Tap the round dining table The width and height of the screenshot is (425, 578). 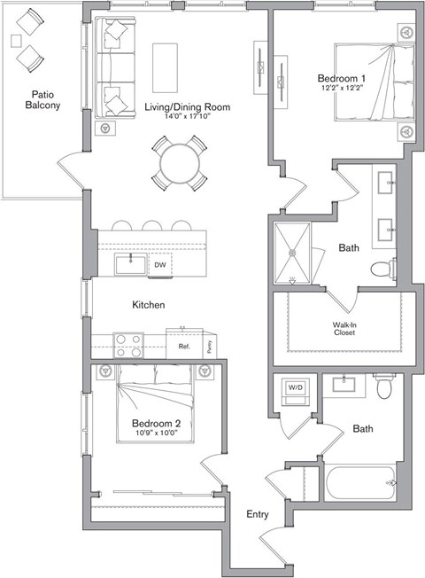coord(180,162)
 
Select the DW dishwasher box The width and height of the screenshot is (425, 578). coord(159,265)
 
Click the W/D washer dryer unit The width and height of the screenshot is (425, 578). coord(292,388)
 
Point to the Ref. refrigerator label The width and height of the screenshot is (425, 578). coord(184,347)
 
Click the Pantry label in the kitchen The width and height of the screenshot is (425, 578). coord(209,346)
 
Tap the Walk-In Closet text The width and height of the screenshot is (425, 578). coord(344,329)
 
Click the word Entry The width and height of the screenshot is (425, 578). coord(258,514)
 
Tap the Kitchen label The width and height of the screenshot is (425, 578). coord(149,305)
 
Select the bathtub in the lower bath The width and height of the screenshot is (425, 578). coord(358,485)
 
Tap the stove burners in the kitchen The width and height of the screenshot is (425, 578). coord(127,345)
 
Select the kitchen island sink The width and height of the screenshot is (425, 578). coord(132,264)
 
